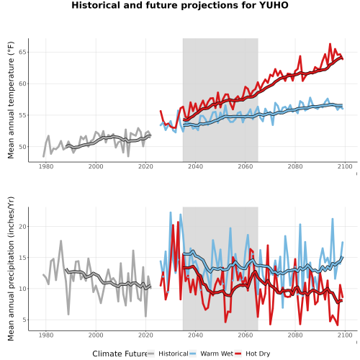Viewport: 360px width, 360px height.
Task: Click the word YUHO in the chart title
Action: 274,5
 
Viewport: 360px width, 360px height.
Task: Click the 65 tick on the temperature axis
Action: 23,52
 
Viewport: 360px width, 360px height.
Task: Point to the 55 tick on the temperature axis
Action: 23,115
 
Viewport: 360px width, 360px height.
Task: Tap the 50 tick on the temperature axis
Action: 23,147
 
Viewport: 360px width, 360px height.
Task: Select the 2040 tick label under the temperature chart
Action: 195,166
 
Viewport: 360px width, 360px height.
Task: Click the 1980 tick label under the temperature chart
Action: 46,166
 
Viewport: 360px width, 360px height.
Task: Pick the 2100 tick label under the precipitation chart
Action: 345,335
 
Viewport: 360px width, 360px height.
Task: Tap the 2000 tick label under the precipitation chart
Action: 96,335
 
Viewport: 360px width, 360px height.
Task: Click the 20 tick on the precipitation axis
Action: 23,226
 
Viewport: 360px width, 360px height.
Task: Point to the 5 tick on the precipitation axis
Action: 25,320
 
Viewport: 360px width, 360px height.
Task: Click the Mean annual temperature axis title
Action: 11,100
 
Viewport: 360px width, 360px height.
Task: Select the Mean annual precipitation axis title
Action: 11,269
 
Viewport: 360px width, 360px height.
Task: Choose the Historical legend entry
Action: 168,354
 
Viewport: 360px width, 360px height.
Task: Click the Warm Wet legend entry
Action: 211,354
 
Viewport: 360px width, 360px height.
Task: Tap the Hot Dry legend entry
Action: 252,354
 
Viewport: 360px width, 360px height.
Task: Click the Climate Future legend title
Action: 120,354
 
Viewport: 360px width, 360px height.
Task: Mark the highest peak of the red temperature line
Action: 330,44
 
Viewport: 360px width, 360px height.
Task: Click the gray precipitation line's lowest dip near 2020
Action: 145,316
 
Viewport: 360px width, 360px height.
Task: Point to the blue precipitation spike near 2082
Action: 300,225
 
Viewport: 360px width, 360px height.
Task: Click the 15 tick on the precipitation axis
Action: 23,258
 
